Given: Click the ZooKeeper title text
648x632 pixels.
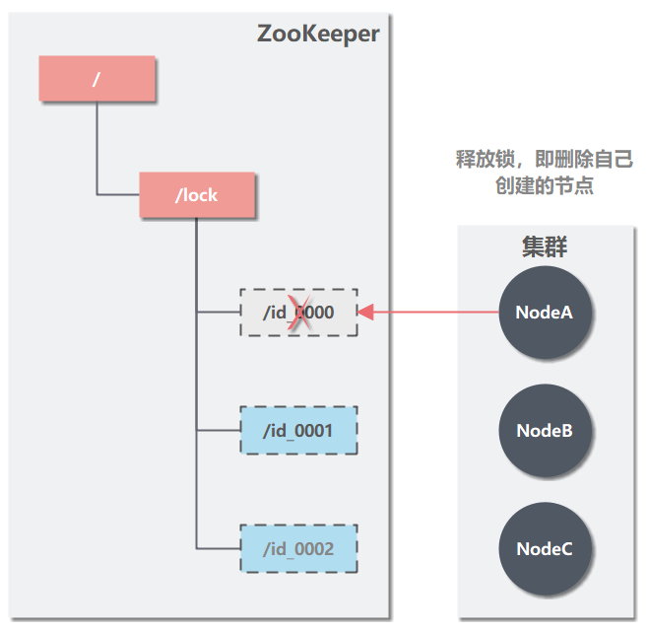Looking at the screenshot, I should (x=318, y=34).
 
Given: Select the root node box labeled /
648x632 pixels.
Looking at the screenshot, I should (x=97, y=79).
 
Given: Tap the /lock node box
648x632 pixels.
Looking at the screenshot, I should (x=197, y=195).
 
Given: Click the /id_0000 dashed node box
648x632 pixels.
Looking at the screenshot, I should (x=298, y=313).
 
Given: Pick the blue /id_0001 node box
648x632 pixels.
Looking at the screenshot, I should (x=298, y=431).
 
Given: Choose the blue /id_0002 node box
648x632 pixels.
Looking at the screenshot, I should (x=298, y=549).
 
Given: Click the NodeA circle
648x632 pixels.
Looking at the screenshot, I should (x=545, y=313).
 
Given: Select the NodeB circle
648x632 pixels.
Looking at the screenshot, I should (x=545, y=431).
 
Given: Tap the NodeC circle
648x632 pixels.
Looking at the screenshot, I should (x=545, y=549).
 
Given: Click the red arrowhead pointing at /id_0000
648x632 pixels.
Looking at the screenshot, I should (x=364, y=313).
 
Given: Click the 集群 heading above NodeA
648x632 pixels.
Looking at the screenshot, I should (x=544, y=246).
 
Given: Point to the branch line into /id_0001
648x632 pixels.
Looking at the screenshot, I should (x=218, y=431).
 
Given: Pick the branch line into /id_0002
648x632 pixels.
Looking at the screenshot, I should (x=218, y=549).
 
